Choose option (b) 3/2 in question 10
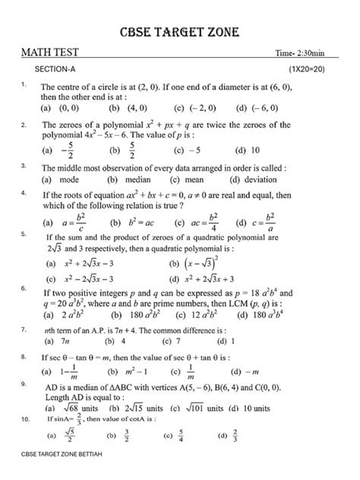pyautogui.click(x=122, y=436)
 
